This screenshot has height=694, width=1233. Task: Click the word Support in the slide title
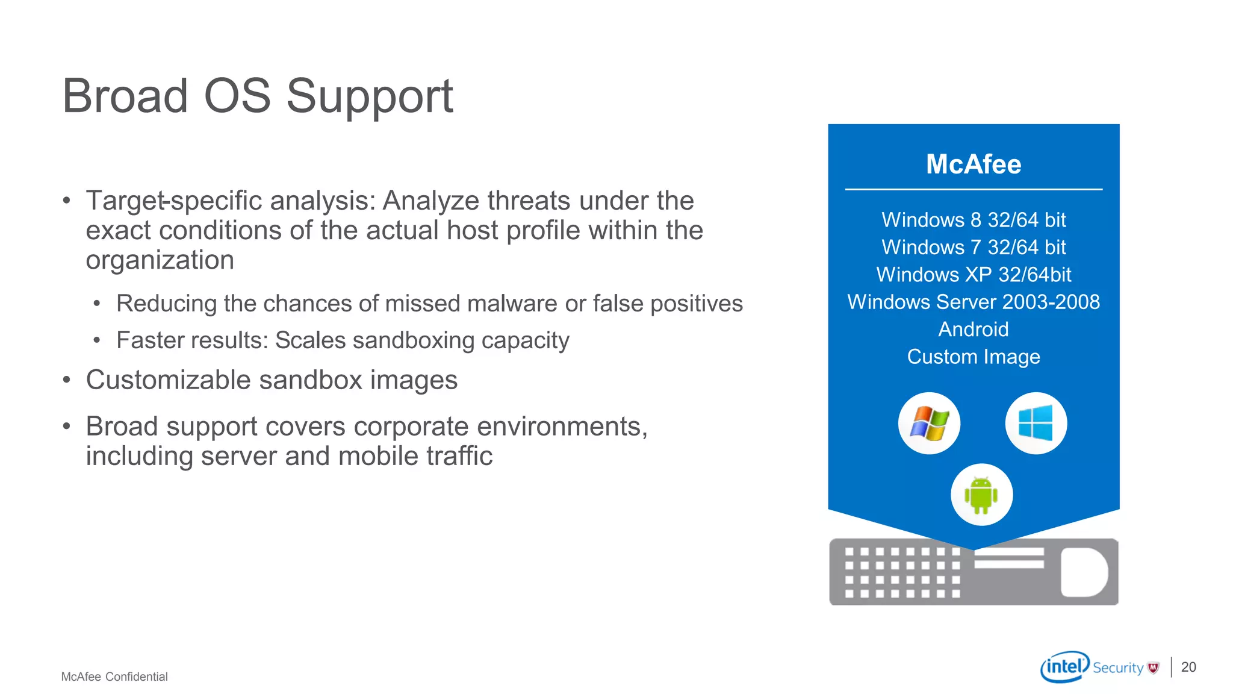click(369, 96)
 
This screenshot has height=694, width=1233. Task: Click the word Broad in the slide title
click(125, 96)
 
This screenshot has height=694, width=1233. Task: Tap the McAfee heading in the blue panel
click(974, 164)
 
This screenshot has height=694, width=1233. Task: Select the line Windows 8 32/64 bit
click(974, 220)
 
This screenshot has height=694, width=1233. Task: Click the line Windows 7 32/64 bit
click(974, 247)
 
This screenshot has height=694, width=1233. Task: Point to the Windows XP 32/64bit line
click(974, 275)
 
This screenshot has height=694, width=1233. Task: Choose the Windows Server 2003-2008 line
click(974, 302)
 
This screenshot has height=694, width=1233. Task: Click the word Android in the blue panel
click(974, 330)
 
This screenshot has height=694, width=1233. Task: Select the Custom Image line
click(974, 357)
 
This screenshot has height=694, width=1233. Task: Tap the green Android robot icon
click(981, 495)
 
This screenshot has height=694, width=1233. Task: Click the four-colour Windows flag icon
click(929, 424)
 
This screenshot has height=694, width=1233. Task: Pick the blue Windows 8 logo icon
click(1036, 423)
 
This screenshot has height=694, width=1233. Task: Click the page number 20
click(1188, 667)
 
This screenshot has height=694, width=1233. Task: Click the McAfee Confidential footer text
click(114, 677)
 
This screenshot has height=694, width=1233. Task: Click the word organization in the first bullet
click(160, 260)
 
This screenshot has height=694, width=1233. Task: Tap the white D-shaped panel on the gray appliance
click(1084, 572)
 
